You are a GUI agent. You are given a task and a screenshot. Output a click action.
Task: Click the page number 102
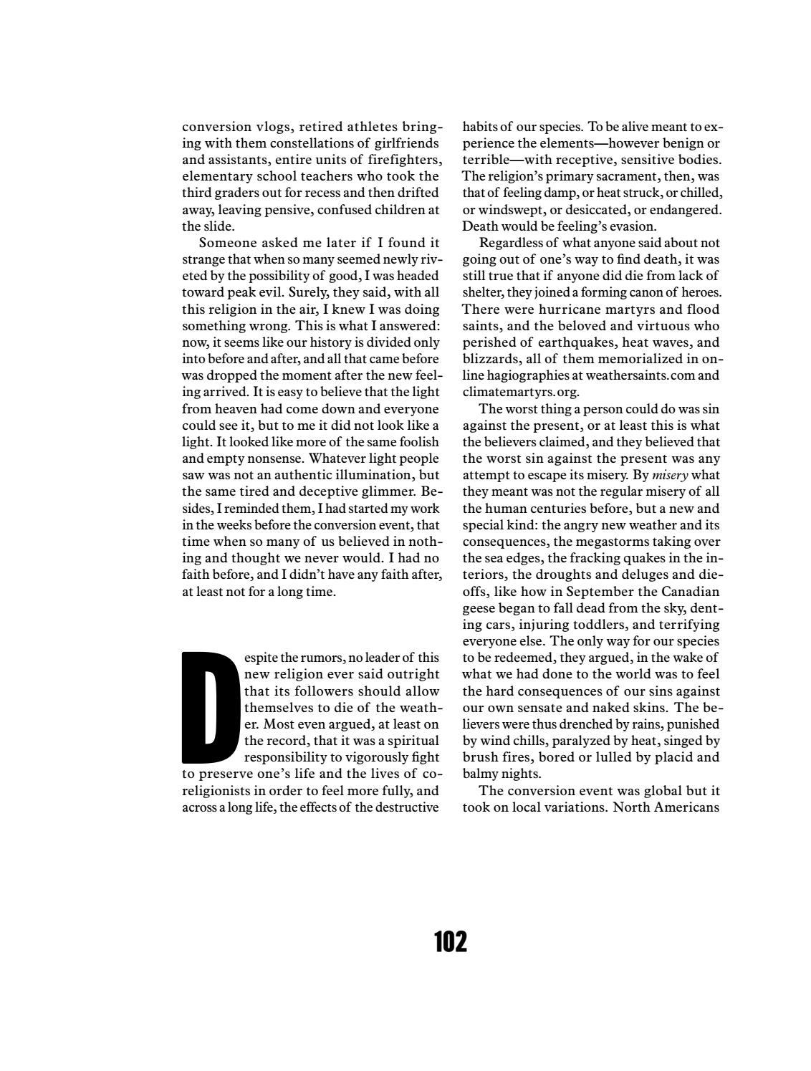(x=450, y=941)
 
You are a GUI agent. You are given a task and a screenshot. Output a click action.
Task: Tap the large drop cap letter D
(x=210, y=706)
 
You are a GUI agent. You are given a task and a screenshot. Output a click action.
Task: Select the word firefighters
(x=405, y=160)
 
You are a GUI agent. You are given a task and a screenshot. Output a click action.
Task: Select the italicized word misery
(x=670, y=475)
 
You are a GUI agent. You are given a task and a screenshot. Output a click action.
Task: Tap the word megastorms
(x=600, y=542)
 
